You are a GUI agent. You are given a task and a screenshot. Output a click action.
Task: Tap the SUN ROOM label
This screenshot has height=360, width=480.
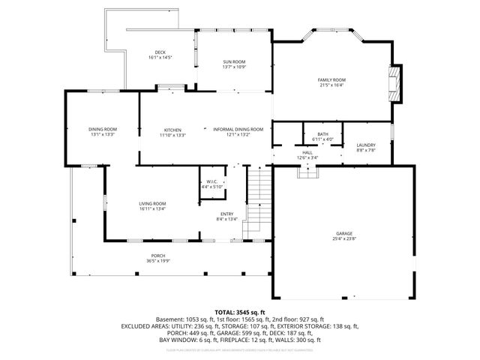[234, 61]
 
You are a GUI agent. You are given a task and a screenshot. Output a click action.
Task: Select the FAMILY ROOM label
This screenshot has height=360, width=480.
[331, 79]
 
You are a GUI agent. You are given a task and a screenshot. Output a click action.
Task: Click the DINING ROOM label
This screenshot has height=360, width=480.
[101, 130]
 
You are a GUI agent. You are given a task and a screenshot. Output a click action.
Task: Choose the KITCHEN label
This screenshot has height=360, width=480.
[172, 130]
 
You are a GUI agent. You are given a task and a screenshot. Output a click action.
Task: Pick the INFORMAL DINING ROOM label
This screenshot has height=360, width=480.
[238, 130]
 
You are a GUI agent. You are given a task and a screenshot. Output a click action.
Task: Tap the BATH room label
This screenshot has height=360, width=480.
[322, 134]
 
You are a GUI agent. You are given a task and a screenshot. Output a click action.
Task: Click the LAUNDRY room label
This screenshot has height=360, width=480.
[366, 145]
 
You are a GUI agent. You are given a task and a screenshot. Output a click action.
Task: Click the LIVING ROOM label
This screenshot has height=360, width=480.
[152, 203]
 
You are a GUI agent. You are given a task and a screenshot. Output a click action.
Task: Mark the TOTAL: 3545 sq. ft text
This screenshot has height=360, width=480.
[239, 311]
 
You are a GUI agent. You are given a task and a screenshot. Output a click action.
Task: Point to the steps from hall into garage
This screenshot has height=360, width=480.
[307, 172]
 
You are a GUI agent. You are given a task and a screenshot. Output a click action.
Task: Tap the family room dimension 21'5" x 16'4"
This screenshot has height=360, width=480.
[331, 85]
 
